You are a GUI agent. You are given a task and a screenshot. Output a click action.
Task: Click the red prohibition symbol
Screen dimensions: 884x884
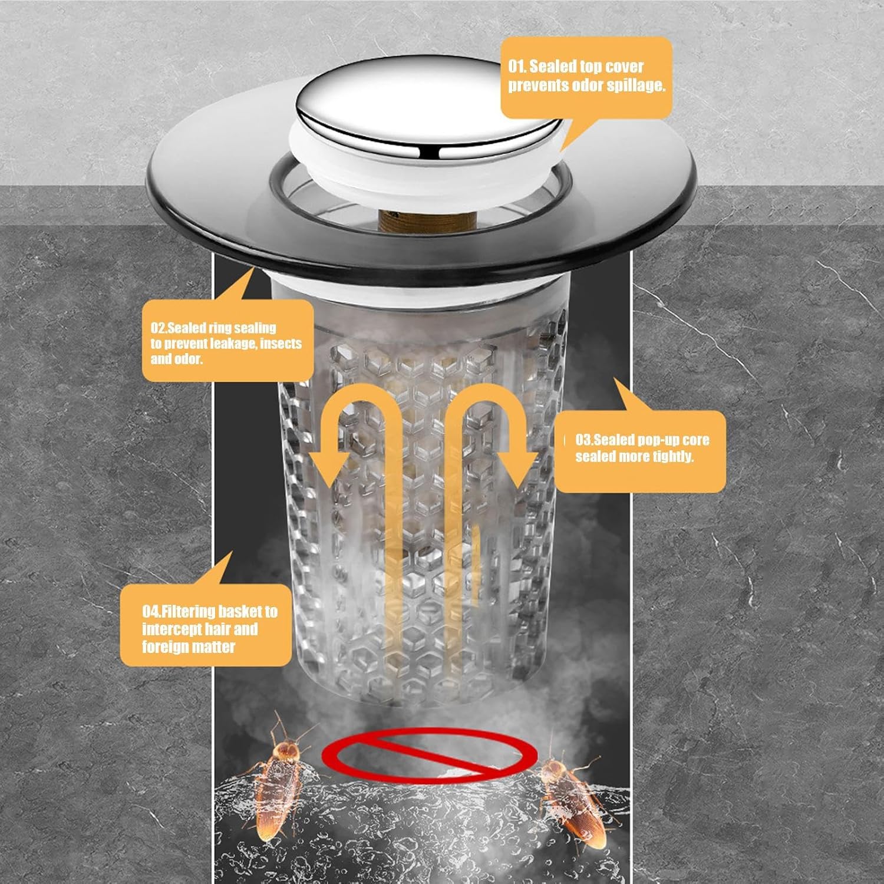point(429,755)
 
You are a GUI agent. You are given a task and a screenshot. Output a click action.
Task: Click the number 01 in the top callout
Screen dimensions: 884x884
point(517,66)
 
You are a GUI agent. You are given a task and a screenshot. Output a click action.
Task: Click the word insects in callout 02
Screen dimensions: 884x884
point(281,344)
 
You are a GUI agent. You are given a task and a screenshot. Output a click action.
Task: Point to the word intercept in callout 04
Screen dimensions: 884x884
point(171,629)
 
